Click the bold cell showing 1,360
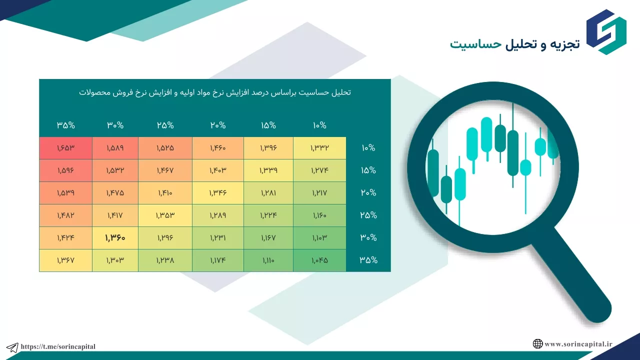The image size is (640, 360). [x=115, y=237]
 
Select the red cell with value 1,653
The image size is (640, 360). [x=65, y=148]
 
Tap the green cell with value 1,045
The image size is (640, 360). [x=319, y=260]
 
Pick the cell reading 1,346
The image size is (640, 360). [x=218, y=193]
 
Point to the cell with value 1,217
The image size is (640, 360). [x=319, y=193]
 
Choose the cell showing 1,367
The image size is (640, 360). [x=65, y=260]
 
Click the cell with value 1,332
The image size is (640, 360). [x=319, y=148]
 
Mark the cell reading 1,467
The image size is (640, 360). [x=165, y=170]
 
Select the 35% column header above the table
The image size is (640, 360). [x=65, y=125]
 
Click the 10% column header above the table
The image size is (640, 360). [x=319, y=125]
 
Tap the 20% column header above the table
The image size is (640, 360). [x=218, y=125]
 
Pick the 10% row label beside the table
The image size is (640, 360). [x=368, y=147]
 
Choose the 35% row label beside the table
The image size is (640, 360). [x=368, y=260]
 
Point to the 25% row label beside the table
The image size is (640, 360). [x=368, y=215]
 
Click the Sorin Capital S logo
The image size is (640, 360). [x=606, y=32]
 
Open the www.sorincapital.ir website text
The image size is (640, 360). [x=578, y=344]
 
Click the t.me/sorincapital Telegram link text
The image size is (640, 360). [x=58, y=346]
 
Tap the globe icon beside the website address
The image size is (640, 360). [x=537, y=343]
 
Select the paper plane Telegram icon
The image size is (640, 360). [x=12, y=347]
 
